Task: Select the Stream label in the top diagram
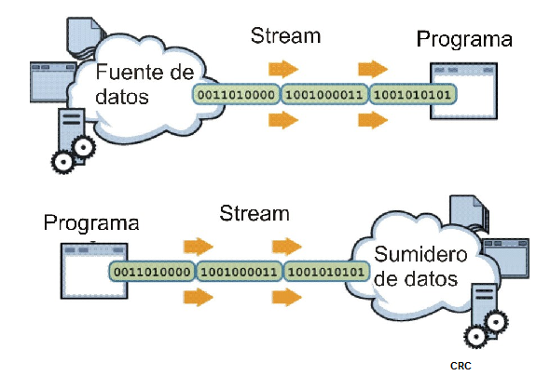pyautogui.click(x=285, y=36)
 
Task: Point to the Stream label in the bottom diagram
pyautogui.click(x=254, y=213)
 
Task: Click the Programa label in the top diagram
pyautogui.click(x=464, y=39)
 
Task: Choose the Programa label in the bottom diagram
pyautogui.click(x=91, y=223)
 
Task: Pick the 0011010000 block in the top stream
pyautogui.click(x=233, y=95)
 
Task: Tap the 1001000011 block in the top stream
pyautogui.click(x=323, y=95)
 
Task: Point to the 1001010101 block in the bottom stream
pyautogui.click(x=325, y=272)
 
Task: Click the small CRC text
pyautogui.click(x=460, y=366)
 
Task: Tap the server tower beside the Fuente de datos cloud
pyautogui.click(x=69, y=130)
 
